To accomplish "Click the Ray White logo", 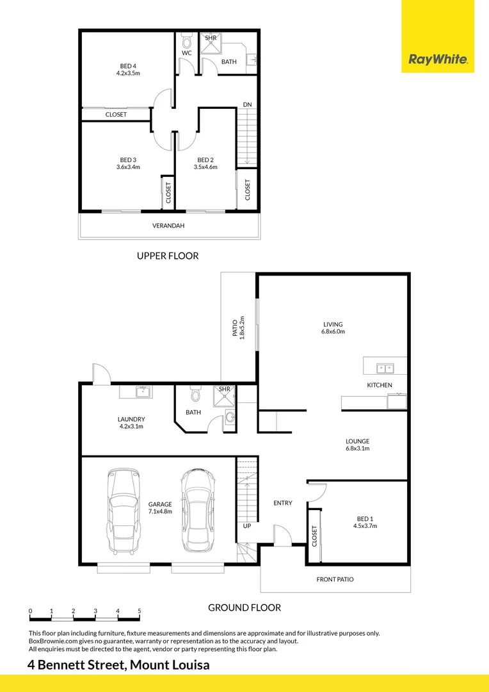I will click(x=438, y=60).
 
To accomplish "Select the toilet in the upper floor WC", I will click(x=187, y=42).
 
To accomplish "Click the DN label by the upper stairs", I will click(x=246, y=104).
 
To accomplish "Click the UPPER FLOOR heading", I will click(x=168, y=256).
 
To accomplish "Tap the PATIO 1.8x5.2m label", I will click(x=238, y=328).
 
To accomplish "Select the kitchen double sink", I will click(x=385, y=368).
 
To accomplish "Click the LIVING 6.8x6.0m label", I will click(x=333, y=328).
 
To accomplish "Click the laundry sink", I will click(x=143, y=392).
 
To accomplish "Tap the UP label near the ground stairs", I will click(x=247, y=525).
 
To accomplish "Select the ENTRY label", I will click(x=282, y=503).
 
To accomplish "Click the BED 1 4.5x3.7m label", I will click(x=365, y=522).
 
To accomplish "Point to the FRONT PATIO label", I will click(x=335, y=579).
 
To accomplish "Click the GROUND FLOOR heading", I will click(x=245, y=607).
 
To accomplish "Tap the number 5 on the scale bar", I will click(x=139, y=611).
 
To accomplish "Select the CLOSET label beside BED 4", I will click(x=116, y=115).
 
